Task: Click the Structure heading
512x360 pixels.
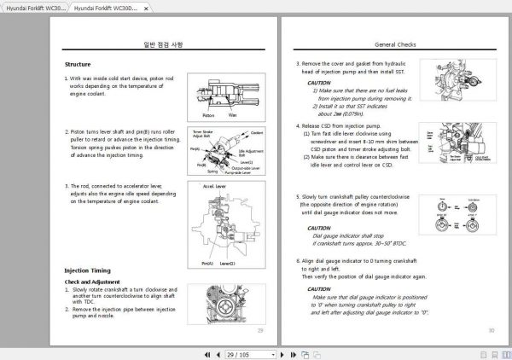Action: [x=78, y=65]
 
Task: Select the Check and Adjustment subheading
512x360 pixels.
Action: [x=92, y=281]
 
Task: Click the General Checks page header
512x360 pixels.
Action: [x=395, y=44]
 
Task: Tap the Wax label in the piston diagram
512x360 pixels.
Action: [x=232, y=113]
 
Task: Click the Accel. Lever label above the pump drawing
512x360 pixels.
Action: [x=214, y=183]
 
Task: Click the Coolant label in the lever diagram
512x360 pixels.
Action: [x=257, y=133]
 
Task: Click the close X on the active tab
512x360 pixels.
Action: [x=146, y=7]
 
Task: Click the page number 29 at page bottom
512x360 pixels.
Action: [x=260, y=329]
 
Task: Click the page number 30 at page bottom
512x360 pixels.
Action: [x=491, y=329]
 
